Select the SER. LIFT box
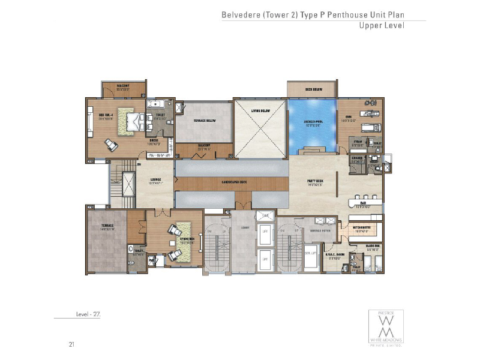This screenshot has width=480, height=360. coord(310,254)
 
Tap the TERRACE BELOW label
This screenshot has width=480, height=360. coord(205,121)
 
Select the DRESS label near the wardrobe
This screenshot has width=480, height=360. coord(154,142)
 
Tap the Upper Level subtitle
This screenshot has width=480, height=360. coord(382,26)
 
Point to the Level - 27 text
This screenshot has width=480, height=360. coord(88,314)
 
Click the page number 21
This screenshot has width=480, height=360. coord(71,344)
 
